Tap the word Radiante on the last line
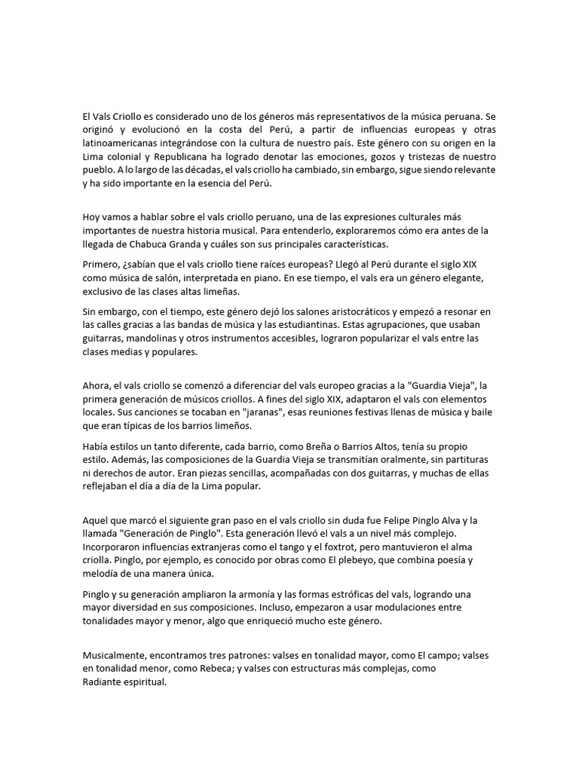[x=105, y=682]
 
